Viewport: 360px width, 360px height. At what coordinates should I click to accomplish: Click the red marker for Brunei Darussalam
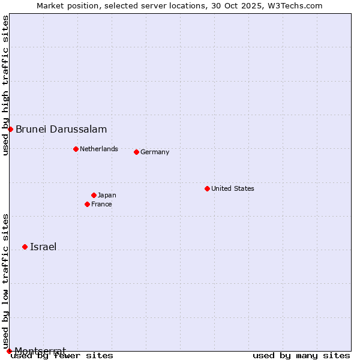click(x=10, y=129)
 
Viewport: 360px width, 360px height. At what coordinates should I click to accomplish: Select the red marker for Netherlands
click(x=76, y=149)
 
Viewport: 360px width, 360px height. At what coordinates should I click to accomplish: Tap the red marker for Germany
click(x=136, y=152)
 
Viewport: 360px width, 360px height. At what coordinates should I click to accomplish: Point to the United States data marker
click(x=207, y=188)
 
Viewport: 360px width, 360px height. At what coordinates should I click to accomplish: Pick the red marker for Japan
click(x=94, y=195)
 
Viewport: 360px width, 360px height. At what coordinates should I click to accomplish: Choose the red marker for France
click(x=87, y=204)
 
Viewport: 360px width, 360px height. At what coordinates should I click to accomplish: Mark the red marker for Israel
click(x=25, y=247)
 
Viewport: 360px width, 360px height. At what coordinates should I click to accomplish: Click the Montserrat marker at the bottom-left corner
click(x=9, y=351)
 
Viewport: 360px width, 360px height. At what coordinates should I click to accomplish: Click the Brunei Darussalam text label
click(x=61, y=129)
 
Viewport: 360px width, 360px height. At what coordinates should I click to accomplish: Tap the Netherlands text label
click(x=99, y=149)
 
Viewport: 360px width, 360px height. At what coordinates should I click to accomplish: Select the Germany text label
click(x=155, y=152)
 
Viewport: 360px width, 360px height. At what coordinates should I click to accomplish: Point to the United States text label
click(x=233, y=188)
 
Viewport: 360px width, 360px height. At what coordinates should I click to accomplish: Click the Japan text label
click(x=107, y=195)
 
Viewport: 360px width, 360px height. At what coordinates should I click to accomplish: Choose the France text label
click(x=101, y=204)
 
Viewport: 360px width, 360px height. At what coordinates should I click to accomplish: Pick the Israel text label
click(x=43, y=247)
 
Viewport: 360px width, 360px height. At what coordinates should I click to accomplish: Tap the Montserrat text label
click(x=40, y=350)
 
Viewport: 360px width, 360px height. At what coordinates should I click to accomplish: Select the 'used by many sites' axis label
click(x=301, y=355)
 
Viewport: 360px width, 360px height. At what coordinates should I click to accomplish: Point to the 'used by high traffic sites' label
click(x=5, y=85)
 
